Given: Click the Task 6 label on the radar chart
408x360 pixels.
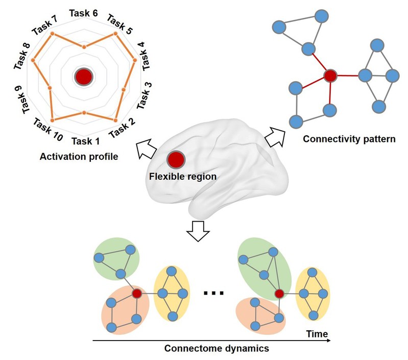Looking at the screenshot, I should coord(84,14).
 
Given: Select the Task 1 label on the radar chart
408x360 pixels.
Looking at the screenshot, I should coord(85,140).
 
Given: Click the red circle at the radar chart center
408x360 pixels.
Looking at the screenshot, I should coord(83,77).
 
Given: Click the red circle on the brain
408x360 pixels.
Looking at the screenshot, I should coord(175,160).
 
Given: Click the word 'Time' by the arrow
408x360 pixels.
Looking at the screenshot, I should coord(317,334).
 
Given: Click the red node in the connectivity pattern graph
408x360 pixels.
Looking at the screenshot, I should coord(330,77).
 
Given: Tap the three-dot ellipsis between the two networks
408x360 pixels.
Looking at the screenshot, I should coord(213,293).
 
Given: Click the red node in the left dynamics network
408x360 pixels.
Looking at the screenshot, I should coord(137,294).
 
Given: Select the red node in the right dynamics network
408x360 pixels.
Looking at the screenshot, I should coord(279,294).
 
